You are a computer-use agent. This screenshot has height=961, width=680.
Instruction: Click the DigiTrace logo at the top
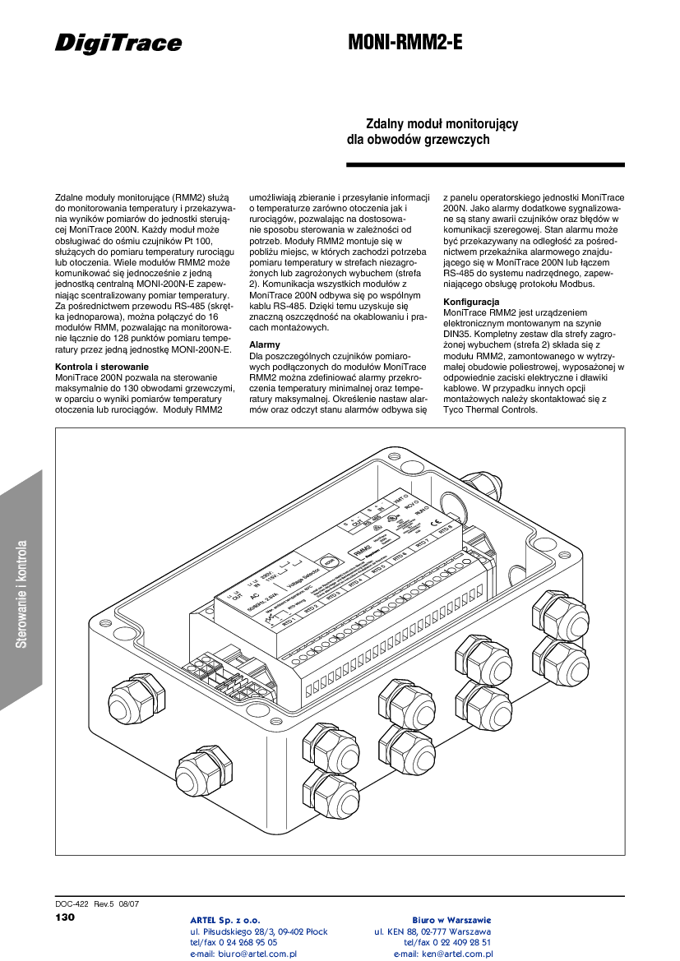[118, 43]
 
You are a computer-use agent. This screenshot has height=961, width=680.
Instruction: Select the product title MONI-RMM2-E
[405, 43]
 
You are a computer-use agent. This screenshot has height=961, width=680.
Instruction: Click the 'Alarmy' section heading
[265, 344]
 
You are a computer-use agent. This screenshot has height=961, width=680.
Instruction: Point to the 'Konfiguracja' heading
[471, 302]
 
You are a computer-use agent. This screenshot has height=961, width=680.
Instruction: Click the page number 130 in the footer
[65, 917]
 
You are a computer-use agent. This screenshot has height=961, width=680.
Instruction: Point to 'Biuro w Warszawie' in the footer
[451, 920]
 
